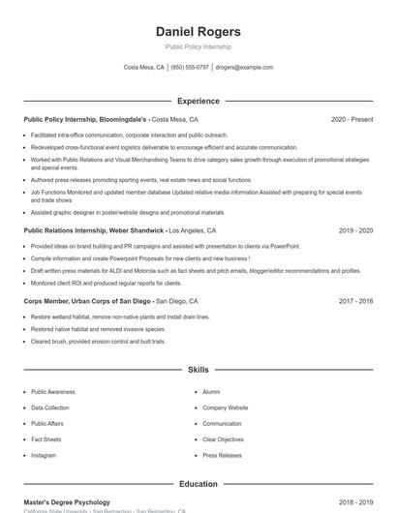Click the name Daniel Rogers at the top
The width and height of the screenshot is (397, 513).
coord(198,32)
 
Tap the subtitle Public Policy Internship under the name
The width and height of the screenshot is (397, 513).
coord(198,46)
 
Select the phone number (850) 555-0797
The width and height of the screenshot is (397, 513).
coord(189,68)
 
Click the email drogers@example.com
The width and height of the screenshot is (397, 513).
coord(244,68)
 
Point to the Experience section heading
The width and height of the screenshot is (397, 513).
coord(198,101)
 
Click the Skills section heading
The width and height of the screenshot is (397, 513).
coord(198,370)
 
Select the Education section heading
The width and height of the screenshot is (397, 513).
coord(198,484)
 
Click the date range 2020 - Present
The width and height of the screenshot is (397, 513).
coord(351,119)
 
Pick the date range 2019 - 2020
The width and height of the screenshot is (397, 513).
coord(355,231)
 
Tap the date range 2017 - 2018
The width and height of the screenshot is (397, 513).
coord(355,301)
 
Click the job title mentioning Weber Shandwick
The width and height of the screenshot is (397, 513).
coord(94,231)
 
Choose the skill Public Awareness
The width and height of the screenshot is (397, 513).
coord(54,392)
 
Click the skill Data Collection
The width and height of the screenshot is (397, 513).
coord(50,407)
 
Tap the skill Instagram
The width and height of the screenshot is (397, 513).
coord(44,455)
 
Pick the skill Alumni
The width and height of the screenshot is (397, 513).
coord(211,392)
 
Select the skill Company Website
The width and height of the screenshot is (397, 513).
coord(225,407)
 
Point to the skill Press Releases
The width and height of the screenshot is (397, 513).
coord(223,455)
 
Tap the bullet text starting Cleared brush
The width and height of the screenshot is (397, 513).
coord(98,342)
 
